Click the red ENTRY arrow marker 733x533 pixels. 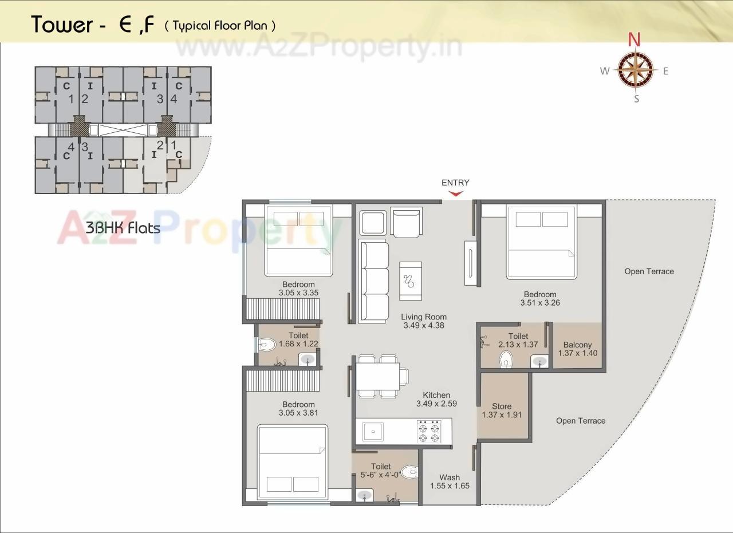click(x=455, y=194)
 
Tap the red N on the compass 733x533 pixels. click(x=633, y=40)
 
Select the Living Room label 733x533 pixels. click(x=423, y=317)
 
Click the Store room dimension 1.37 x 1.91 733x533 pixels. click(x=502, y=415)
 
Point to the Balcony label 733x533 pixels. click(x=577, y=345)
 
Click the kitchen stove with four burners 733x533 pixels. click(x=428, y=432)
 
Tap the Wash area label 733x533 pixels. click(x=450, y=477)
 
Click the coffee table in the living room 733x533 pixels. click(x=410, y=281)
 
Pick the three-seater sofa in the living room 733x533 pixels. click(x=373, y=282)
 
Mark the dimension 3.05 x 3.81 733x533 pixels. click(x=298, y=413)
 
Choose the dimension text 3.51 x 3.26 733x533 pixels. click(x=540, y=303)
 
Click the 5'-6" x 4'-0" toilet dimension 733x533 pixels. click(x=381, y=475)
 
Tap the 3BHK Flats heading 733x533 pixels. click(x=123, y=227)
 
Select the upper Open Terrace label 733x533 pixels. click(x=649, y=271)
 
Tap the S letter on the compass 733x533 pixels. click(x=636, y=98)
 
